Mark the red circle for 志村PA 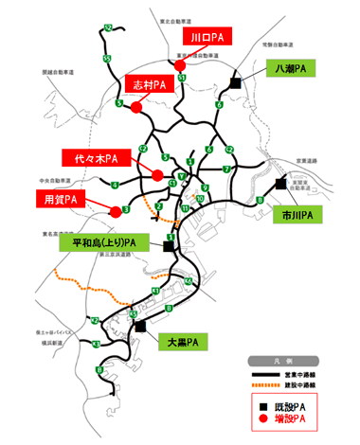pos(135,107)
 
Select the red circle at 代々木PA pos(156,173)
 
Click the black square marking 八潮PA pos(233,83)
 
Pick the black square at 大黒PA pos(139,325)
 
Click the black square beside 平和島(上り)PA pos(169,245)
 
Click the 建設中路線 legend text pos(302,385)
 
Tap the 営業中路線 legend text pos(302,373)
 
